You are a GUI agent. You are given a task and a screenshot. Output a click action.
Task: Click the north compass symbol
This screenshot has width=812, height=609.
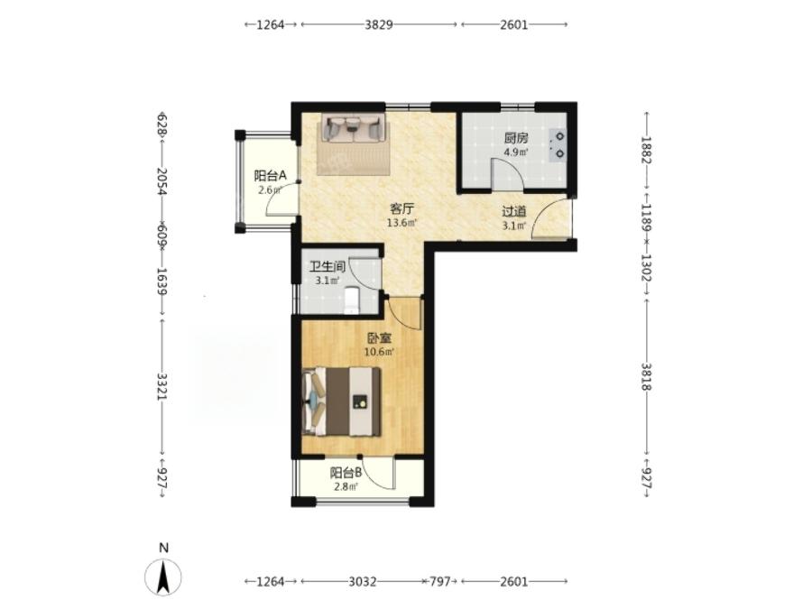point(163,576)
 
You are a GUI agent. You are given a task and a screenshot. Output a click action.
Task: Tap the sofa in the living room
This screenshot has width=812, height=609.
point(355,128)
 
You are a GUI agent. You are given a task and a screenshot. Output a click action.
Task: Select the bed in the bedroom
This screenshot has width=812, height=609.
point(342,401)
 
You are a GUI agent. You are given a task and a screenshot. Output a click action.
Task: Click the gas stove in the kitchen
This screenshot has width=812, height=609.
point(558,145)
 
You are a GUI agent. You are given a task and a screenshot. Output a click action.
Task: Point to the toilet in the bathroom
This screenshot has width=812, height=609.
point(352,300)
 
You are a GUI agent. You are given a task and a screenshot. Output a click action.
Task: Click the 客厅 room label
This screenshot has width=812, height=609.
point(401,209)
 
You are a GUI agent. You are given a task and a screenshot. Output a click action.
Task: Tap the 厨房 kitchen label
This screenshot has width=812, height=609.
point(516,138)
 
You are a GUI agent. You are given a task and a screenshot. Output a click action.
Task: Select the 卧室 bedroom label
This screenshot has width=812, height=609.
point(379,338)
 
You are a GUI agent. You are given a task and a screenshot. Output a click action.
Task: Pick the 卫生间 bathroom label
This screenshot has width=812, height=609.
point(328,267)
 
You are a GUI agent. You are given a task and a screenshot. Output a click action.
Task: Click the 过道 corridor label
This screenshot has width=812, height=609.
point(514,211)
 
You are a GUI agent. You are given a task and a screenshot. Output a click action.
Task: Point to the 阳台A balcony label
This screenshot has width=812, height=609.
point(270,176)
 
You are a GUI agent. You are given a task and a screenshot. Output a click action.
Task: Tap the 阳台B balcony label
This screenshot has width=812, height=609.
point(346,473)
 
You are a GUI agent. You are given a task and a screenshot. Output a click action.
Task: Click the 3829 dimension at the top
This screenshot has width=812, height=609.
point(379,24)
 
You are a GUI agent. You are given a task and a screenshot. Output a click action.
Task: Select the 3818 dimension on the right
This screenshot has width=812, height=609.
point(646,376)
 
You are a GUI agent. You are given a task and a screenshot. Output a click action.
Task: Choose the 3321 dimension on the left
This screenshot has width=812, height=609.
point(162,386)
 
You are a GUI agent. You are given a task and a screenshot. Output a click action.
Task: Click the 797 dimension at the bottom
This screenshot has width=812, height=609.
point(439,582)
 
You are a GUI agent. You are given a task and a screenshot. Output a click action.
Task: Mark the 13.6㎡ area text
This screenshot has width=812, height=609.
point(401,223)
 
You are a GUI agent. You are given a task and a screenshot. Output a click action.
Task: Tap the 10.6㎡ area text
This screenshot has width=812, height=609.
point(379,353)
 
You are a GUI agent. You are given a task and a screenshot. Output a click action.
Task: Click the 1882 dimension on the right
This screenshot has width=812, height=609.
point(646,150)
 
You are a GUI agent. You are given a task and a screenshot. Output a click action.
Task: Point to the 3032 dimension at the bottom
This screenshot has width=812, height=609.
point(362,582)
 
